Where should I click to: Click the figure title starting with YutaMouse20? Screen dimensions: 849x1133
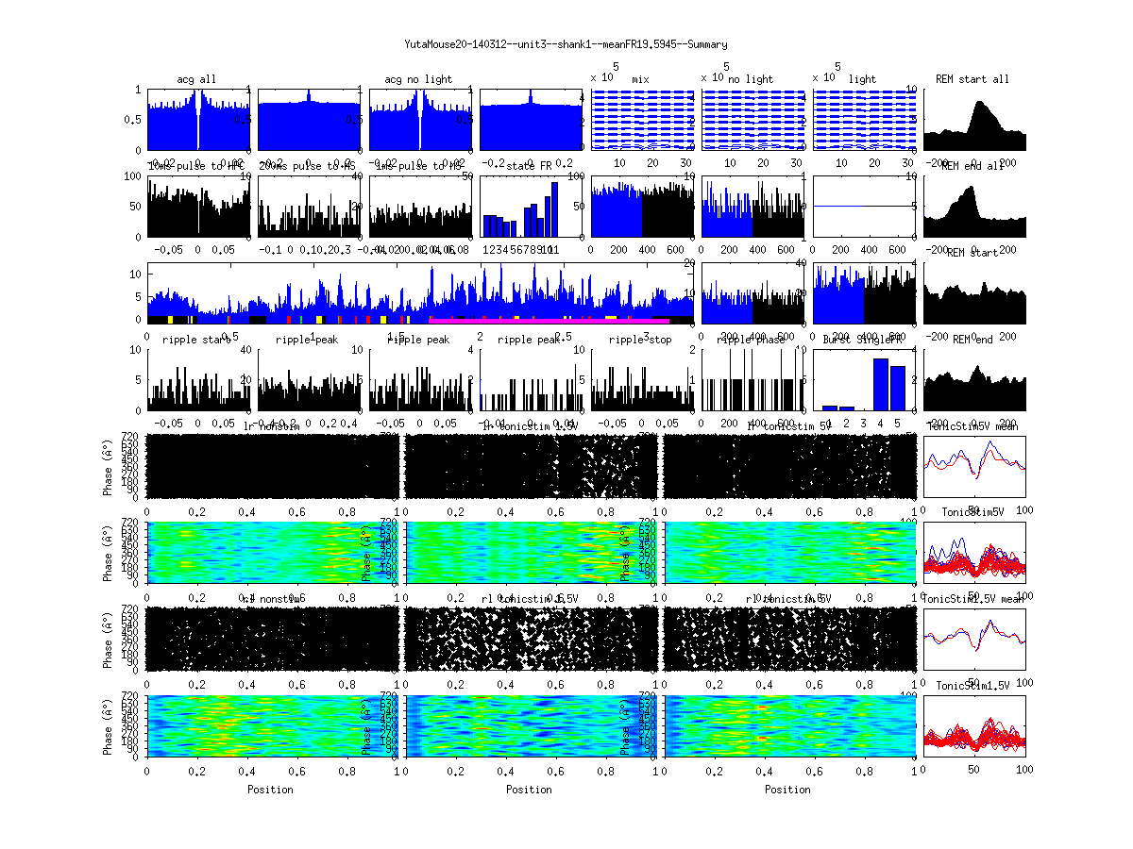pos(566,43)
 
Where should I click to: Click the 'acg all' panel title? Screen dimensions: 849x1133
pos(196,79)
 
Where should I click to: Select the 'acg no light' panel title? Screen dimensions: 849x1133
pos(418,79)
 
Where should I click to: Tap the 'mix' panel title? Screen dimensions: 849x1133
pos(641,79)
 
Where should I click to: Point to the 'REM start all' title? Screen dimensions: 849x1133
pos(972,79)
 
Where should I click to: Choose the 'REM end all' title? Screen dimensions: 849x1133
pos(972,166)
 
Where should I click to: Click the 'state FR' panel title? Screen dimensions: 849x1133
pos(530,166)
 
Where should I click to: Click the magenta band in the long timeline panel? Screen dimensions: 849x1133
pos(548,321)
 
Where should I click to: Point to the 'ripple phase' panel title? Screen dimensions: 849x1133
pos(752,340)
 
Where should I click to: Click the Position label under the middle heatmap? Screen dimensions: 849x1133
pos(530,790)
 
